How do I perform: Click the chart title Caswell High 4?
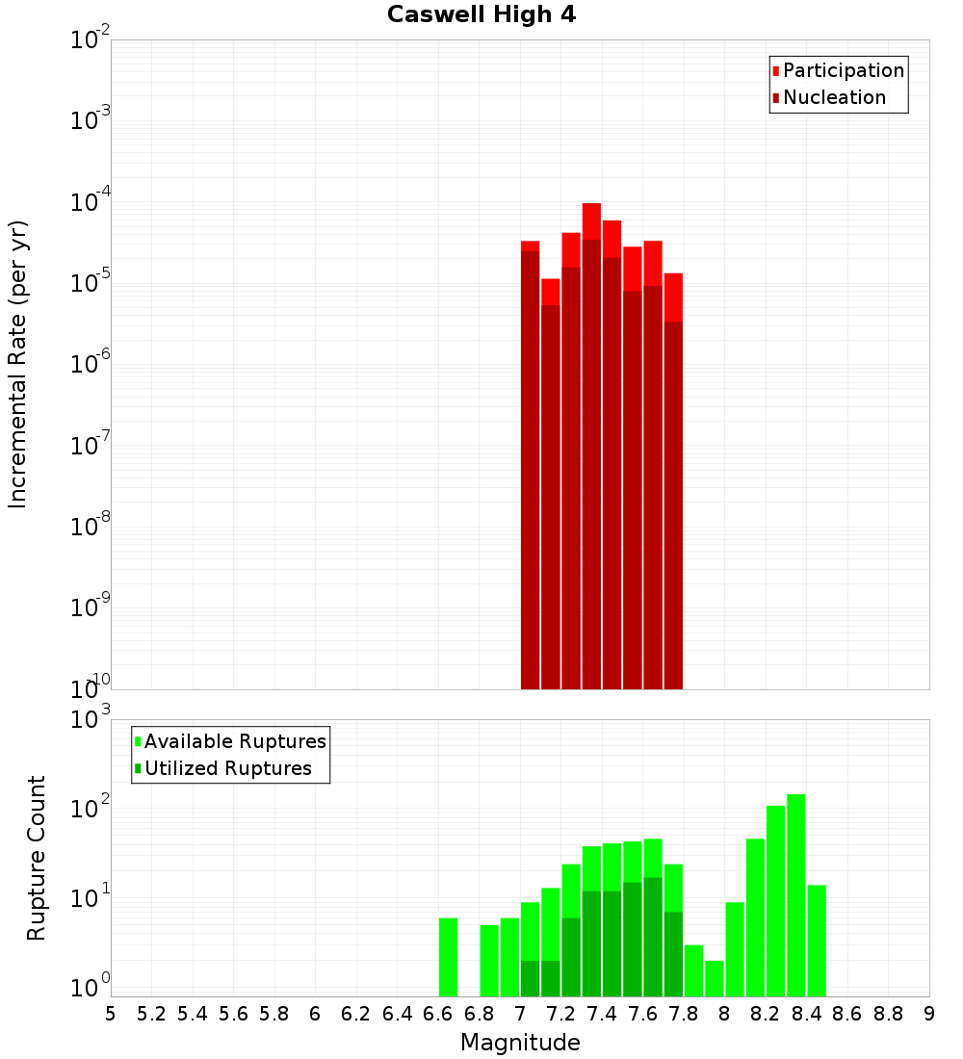(481, 15)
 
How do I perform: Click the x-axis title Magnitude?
(520, 1043)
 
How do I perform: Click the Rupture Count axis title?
(37, 858)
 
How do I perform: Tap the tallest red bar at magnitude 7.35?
(591, 443)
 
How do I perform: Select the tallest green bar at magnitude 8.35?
(796, 895)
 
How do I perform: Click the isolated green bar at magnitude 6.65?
(448, 957)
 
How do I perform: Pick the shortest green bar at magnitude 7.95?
(715, 978)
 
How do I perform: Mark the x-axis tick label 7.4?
(602, 1014)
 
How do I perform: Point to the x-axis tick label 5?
(111, 1014)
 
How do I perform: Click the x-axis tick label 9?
(929, 1014)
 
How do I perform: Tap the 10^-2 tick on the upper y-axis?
(91, 40)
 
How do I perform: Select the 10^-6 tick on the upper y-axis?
(91, 365)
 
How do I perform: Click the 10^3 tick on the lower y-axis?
(91, 719)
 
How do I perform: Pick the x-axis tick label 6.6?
(438, 1014)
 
